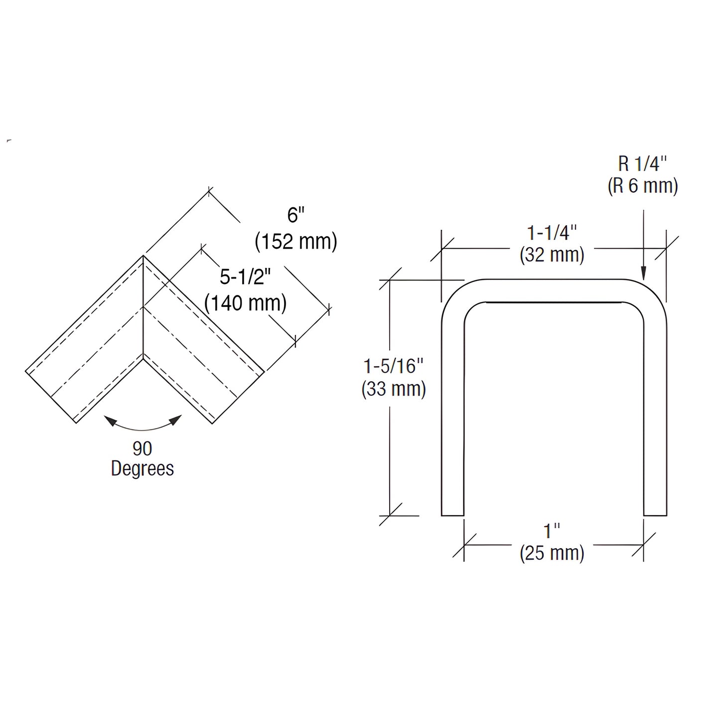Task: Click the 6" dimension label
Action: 295,215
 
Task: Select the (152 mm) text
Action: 296,241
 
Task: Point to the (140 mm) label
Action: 246,302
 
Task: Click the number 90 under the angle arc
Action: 142,448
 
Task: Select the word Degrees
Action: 143,468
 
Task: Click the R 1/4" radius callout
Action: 642,164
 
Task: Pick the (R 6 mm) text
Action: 643,186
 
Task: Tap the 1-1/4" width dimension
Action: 552,233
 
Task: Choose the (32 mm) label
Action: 552,255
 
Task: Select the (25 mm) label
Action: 552,553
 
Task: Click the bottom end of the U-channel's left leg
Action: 452,514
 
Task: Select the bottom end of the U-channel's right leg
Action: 655,514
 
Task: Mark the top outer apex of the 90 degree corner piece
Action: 144,256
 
